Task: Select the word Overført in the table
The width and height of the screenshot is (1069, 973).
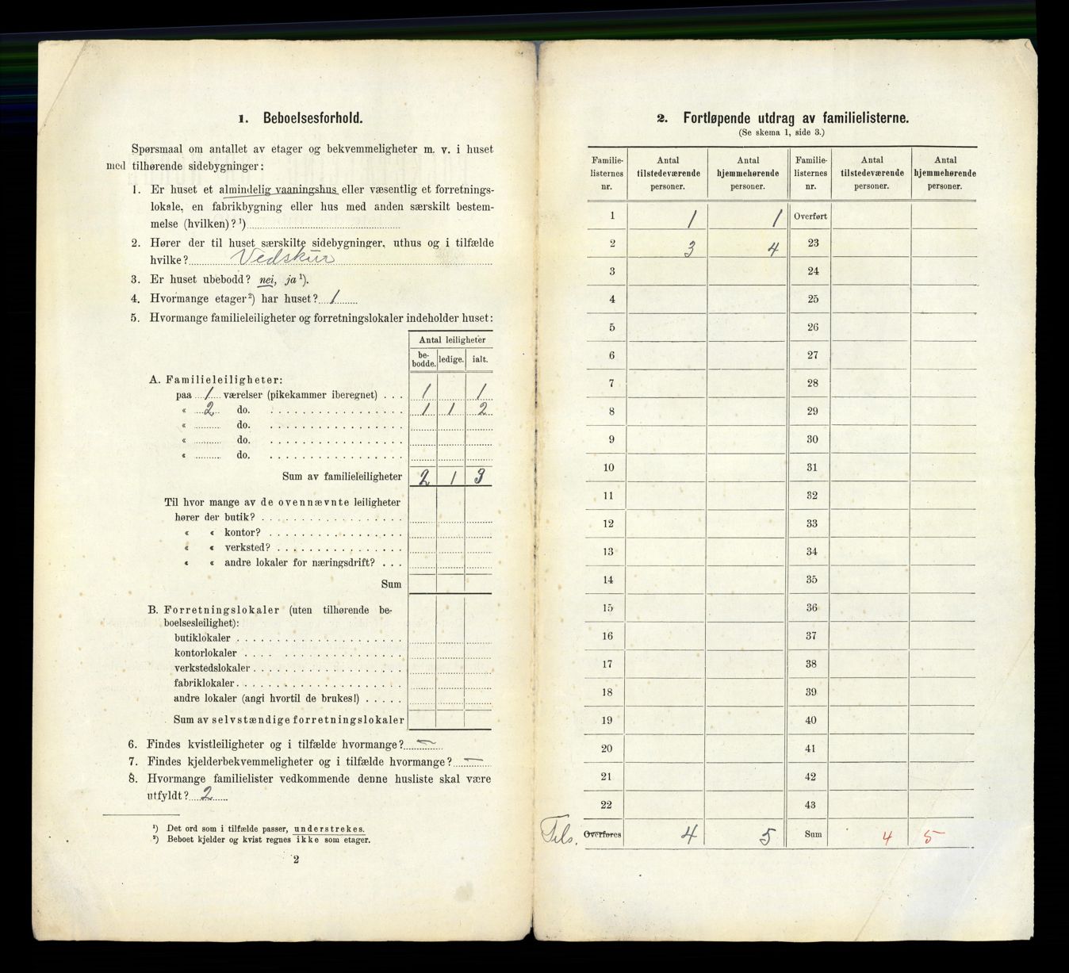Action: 810,215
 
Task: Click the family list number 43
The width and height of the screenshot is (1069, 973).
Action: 810,805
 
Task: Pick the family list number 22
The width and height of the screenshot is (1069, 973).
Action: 607,805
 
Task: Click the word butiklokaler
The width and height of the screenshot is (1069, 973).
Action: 202,638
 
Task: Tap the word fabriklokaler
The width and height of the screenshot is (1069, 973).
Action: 205,683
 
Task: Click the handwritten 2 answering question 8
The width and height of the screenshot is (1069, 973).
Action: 206,794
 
